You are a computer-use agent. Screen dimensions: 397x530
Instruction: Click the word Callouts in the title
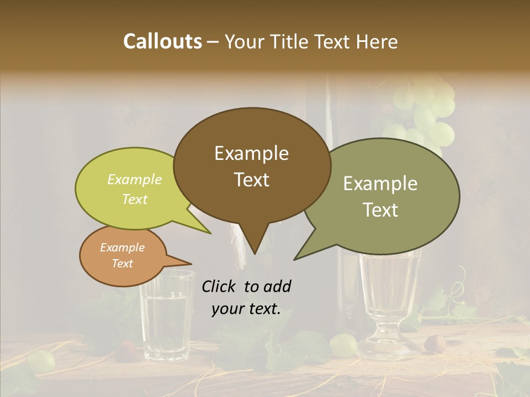[x=162, y=41]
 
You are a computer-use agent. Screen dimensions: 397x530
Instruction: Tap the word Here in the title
[x=377, y=41]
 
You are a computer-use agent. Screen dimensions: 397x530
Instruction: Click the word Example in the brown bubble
[x=251, y=153]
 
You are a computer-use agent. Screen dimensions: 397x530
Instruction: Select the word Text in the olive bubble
[x=381, y=210]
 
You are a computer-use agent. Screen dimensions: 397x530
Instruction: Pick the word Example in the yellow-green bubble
[x=135, y=179]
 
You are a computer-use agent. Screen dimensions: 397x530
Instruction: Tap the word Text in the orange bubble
[x=123, y=264]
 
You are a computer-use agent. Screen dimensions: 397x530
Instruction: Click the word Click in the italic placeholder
[x=219, y=286]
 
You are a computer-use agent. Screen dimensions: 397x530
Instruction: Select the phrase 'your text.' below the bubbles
[x=246, y=309]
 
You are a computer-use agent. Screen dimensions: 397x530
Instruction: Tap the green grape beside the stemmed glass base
[x=343, y=344]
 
